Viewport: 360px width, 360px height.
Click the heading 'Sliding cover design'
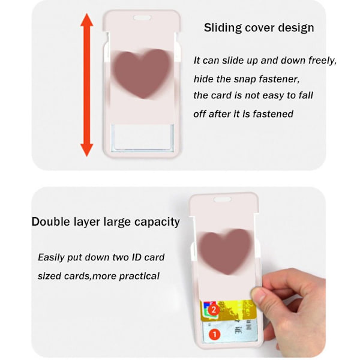259,28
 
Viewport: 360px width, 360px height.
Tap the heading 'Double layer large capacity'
106,222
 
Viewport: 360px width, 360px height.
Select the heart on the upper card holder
142,73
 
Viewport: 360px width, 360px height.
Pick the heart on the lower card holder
226,251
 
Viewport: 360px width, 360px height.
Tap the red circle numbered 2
214,310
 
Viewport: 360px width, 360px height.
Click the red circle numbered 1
214,335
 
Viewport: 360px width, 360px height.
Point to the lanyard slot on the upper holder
142,17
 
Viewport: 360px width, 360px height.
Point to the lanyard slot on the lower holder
223,199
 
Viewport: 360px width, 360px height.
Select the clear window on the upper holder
142,137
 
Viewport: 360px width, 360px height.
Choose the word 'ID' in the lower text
136,257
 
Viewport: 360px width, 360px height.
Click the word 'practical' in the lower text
139,276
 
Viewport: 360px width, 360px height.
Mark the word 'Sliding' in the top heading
223,28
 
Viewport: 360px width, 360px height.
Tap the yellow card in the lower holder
229,310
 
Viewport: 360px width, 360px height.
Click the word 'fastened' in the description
273,114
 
